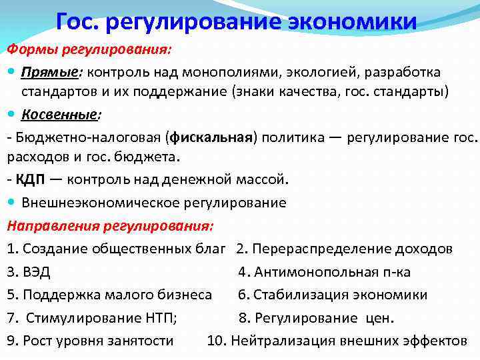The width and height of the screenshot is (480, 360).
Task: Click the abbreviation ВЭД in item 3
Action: (x=37, y=271)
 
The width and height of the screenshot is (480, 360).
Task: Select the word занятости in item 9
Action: (x=142, y=341)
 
